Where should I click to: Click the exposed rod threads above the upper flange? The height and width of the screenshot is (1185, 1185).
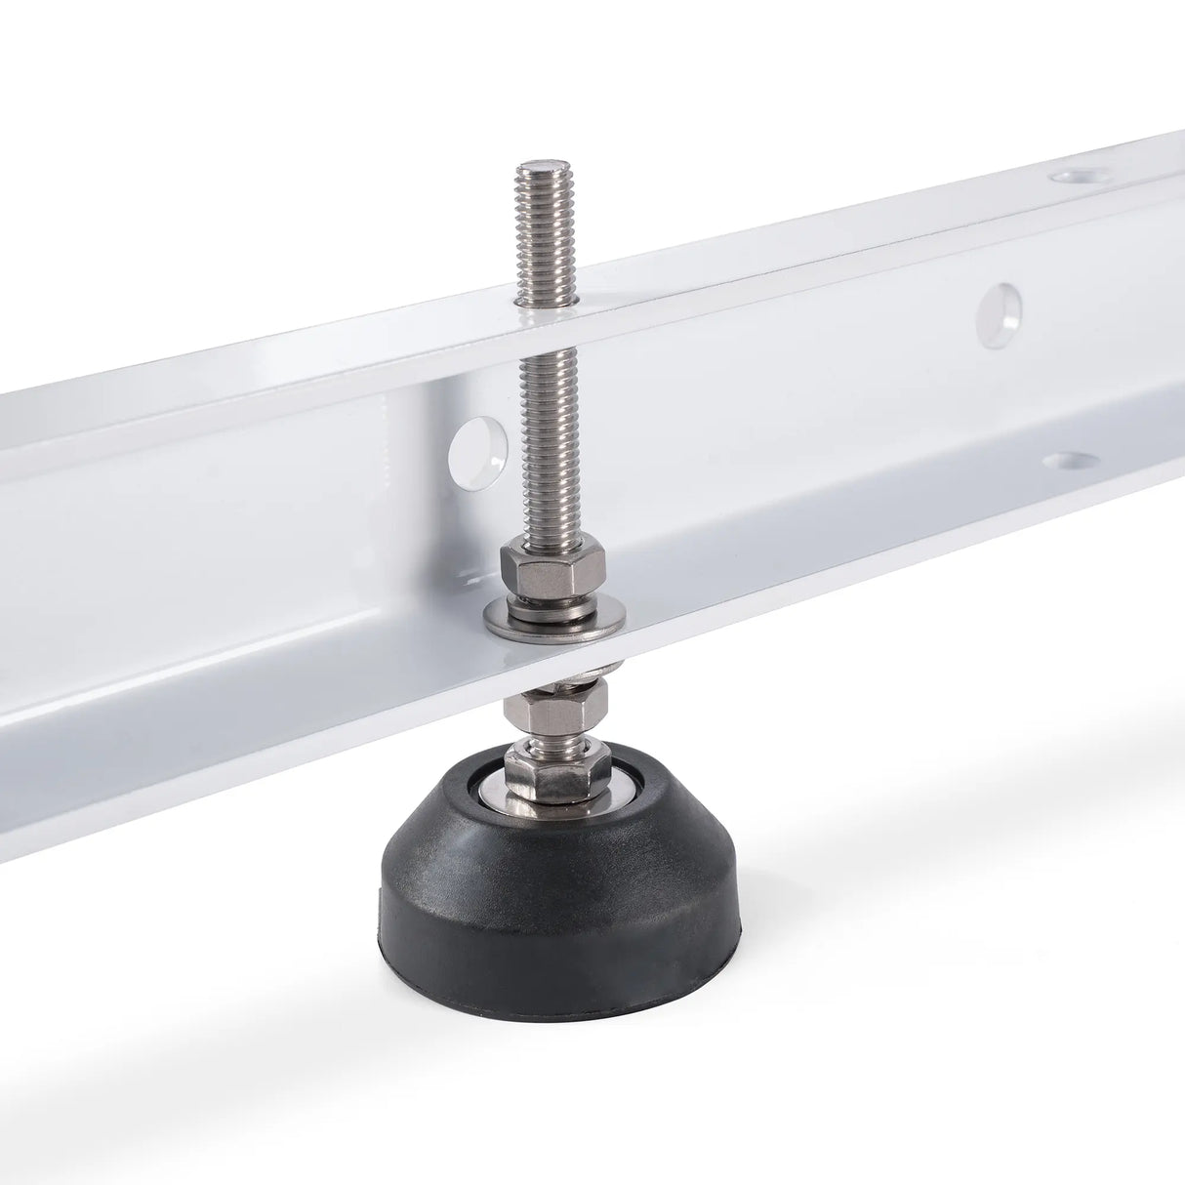pos(537,234)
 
